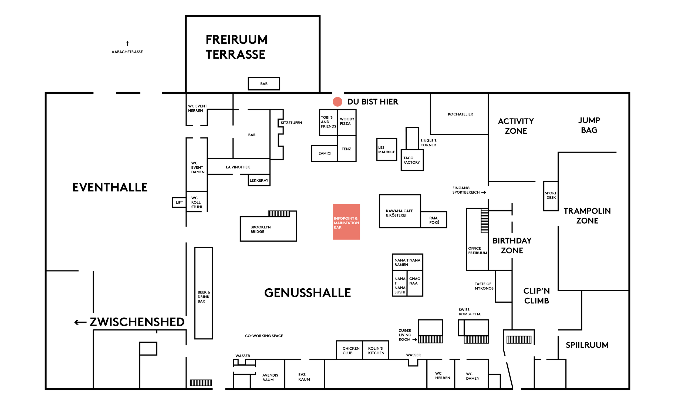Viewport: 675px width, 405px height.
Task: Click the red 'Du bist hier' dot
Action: point(337,102)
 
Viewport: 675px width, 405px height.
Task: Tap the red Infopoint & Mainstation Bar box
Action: point(346,222)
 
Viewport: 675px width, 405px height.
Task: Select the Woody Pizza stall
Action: point(347,122)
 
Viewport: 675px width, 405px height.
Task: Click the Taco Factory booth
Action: point(412,160)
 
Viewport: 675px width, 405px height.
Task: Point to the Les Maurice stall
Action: point(386,150)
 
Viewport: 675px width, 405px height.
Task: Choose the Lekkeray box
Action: point(259,180)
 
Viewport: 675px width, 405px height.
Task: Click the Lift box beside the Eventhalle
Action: point(179,202)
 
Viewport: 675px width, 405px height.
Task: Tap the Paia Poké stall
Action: point(434,220)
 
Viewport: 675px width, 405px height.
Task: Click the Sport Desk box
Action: point(551,196)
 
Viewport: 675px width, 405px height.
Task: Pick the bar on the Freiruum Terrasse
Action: point(264,84)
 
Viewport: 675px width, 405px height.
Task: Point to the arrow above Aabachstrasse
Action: point(127,43)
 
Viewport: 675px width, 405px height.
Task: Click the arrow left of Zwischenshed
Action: point(80,322)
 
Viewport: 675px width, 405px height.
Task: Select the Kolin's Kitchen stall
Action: point(376,350)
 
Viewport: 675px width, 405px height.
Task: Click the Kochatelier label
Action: point(460,114)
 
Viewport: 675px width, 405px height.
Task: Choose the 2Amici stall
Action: point(325,153)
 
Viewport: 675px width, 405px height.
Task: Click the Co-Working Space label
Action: point(264,336)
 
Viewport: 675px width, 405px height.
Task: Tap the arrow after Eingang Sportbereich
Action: point(484,193)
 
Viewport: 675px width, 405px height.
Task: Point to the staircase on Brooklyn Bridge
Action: point(279,214)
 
